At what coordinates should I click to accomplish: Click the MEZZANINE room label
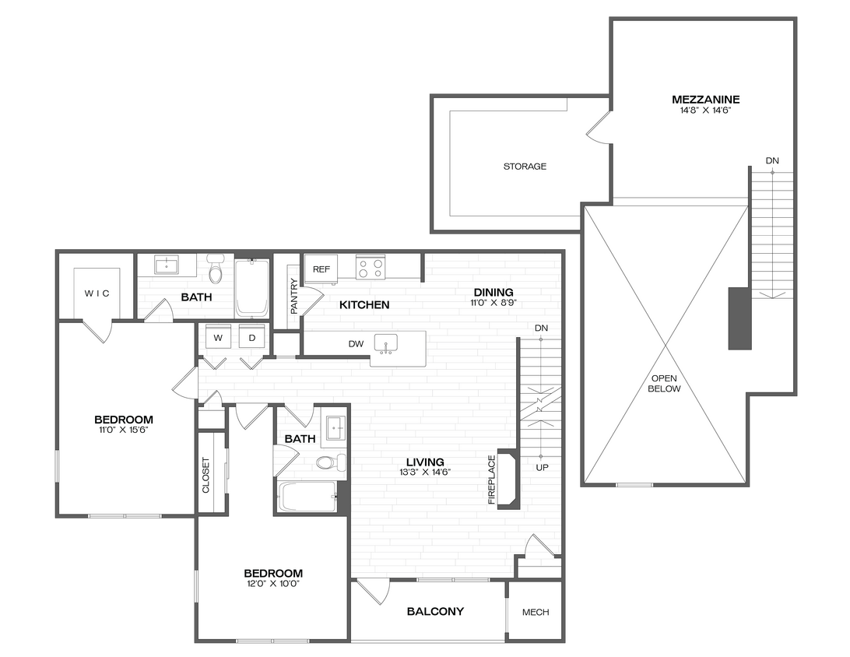tap(705, 100)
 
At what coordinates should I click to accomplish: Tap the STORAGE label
tap(525, 166)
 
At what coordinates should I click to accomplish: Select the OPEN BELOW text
tap(665, 384)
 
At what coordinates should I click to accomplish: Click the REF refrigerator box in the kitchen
tap(321, 269)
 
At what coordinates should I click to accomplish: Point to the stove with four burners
tap(370, 268)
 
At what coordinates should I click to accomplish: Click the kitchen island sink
tap(385, 343)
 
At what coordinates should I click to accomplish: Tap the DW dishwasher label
tap(357, 343)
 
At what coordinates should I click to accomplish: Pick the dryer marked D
tap(252, 338)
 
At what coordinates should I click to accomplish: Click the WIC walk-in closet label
tap(97, 293)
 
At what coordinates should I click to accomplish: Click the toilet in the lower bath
tap(325, 462)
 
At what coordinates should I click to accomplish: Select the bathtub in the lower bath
tap(307, 496)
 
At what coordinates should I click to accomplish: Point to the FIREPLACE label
tap(492, 480)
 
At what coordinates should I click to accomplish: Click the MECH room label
tap(536, 612)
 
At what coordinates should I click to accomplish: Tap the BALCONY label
tap(435, 611)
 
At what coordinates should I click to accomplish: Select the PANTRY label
tap(293, 296)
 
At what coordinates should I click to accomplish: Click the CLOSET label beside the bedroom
tap(206, 475)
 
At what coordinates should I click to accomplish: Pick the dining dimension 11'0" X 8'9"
tap(492, 303)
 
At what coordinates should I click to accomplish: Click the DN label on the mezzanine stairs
tap(771, 160)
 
